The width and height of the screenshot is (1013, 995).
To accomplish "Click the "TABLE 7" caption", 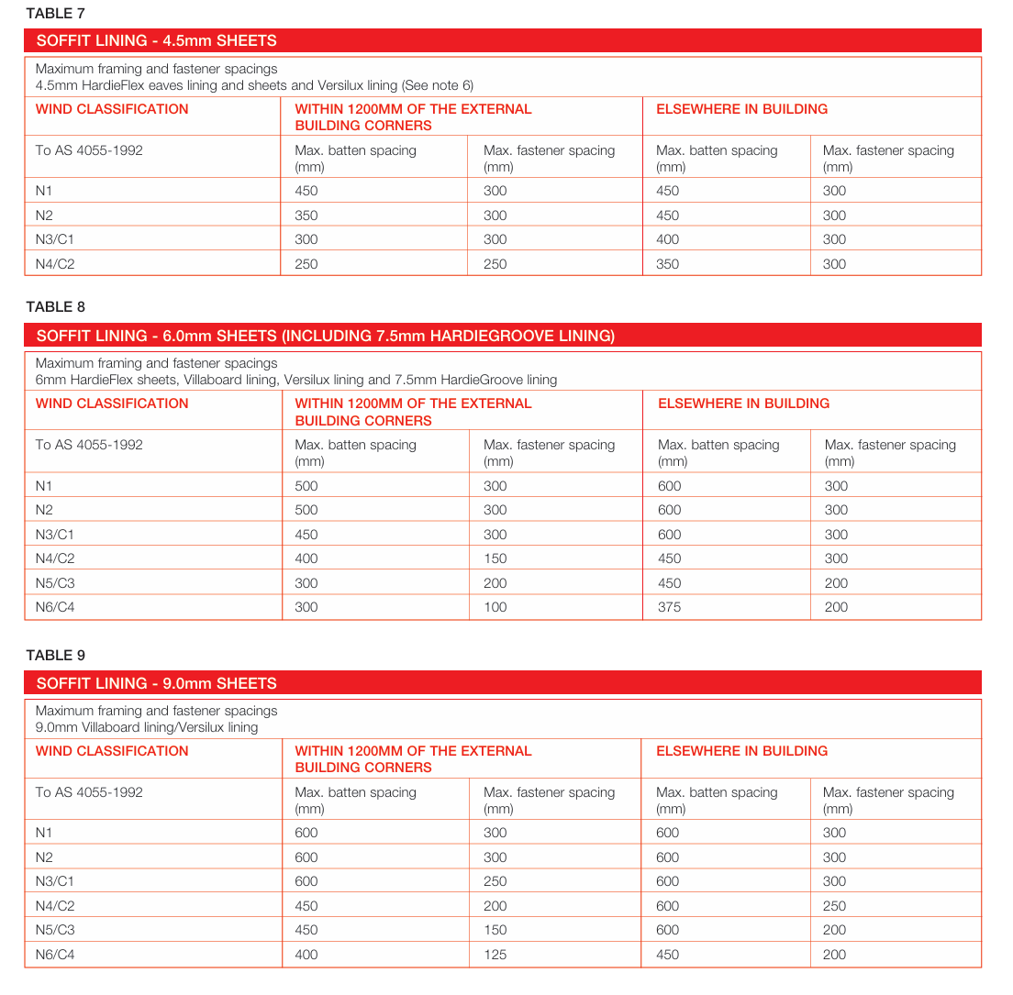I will (x=55, y=13).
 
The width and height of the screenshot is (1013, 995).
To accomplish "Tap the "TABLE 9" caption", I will (x=55, y=655).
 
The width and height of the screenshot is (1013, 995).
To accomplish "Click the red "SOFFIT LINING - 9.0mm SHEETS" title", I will (x=156, y=683).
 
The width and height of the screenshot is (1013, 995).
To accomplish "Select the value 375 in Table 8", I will (x=669, y=607).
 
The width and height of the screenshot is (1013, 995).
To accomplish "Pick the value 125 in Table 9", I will (x=495, y=955).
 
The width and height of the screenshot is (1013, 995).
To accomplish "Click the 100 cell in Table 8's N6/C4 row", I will (x=495, y=607).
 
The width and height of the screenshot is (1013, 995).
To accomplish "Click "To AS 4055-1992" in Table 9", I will (x=89, y=792).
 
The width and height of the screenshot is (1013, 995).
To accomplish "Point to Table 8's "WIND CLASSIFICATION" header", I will (x=112, y=404).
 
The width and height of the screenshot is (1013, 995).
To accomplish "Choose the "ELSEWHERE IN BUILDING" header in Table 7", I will (x=741, y=109).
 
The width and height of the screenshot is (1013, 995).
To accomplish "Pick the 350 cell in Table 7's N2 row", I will (x=306, y=216).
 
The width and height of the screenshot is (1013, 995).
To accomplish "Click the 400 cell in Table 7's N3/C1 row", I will (x=667, y=239).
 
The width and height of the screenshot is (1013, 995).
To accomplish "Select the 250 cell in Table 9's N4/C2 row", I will (x=834, y=906).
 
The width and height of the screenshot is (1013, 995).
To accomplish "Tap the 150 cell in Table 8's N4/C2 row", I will (x=495, y=558).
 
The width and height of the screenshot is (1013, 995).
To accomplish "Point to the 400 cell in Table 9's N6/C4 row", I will (x=306, y=955).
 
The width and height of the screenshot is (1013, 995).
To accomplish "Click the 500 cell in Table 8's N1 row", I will (x=306, y=486).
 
